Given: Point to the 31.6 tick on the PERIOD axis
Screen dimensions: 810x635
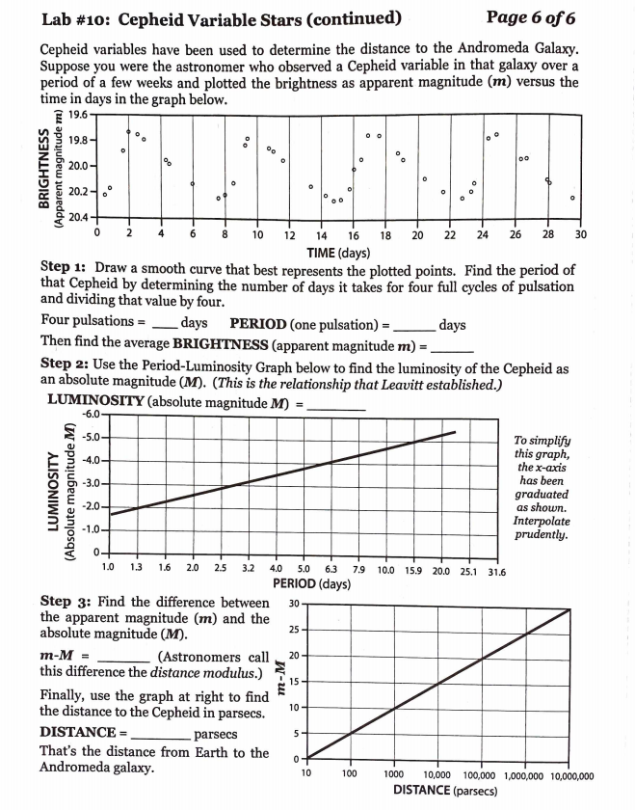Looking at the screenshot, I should tap(498, 571).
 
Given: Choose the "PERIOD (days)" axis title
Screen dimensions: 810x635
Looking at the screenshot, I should tap(311, 584).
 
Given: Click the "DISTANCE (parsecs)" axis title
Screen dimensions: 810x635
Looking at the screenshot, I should tap(445, 790).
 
